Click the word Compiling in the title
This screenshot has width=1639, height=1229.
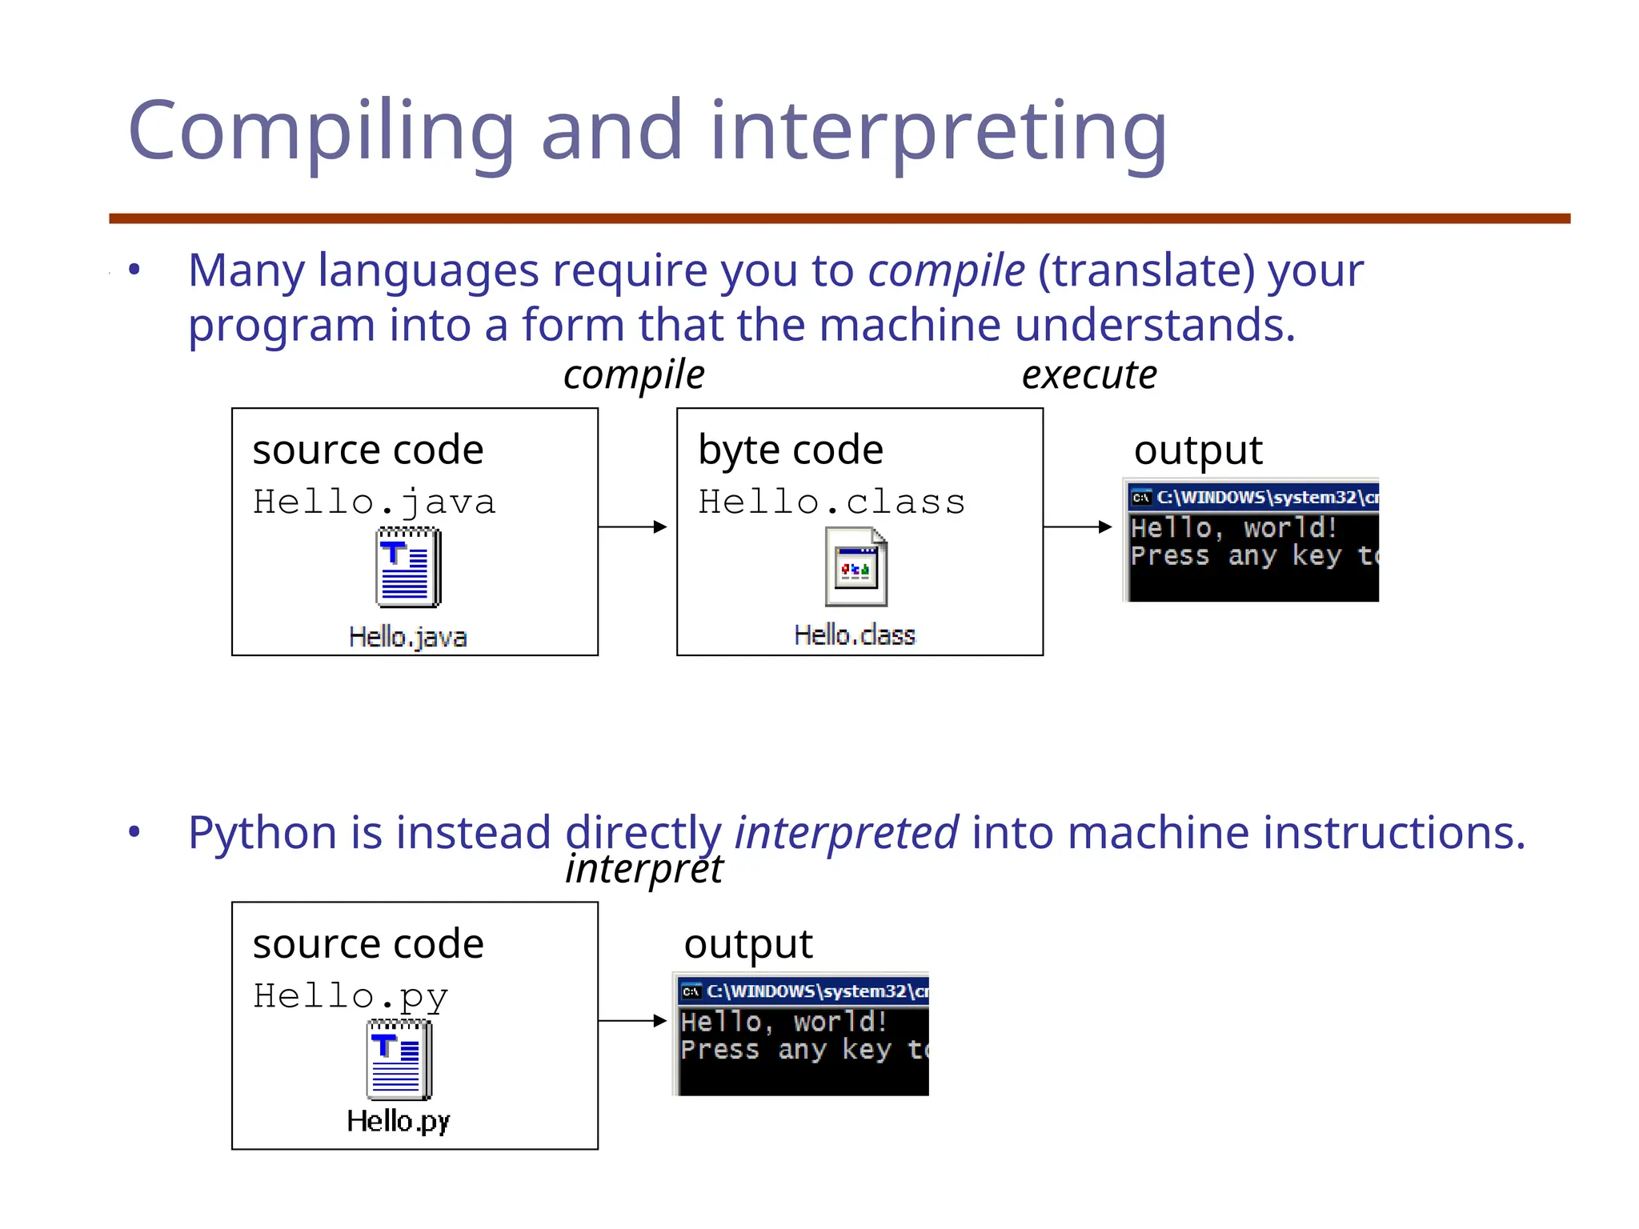(320, 132)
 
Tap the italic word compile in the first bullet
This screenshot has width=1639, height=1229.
(946, 270)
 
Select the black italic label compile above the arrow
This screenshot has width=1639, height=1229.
(633, 374)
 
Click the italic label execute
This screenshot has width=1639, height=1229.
(1088, 374)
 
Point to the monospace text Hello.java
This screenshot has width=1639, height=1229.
(374, 502)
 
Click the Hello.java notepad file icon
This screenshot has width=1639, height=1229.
(407, 566)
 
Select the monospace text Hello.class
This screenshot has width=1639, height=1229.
(831, 502)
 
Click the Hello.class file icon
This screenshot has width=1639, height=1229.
(856, 566)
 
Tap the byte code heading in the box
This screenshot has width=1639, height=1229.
(790, 450)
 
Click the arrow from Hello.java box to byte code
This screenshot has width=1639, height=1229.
(632, 526)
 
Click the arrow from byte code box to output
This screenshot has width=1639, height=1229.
(1077, 526)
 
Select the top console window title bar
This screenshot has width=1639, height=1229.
(1253, 497)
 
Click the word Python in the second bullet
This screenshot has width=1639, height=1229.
(262, 832)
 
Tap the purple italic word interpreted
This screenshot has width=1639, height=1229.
(846, 832)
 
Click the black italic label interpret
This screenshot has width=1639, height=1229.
(643, 869)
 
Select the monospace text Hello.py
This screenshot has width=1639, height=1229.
(350, 997)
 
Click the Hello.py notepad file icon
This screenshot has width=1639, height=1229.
(399, 1059)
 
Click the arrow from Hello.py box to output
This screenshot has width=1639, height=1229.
(632, 1020)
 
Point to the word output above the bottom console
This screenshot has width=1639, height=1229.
(747, 944)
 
